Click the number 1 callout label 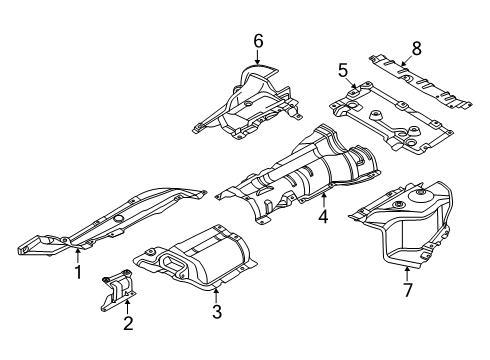pos(76,271)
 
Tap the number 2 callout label pos(127,322)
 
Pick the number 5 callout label pos(342,71)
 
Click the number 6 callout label pos(257,40)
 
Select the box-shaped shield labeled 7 pos(410,225)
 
